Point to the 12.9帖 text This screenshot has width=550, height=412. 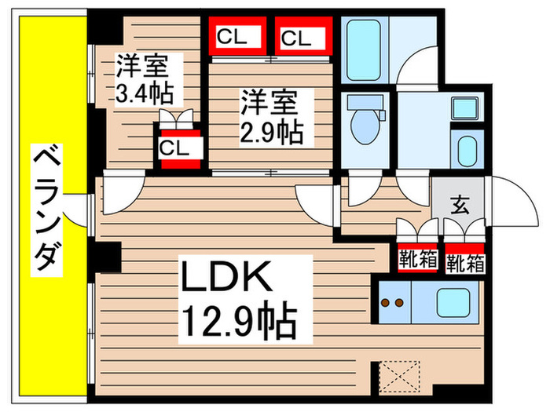coord(239,321)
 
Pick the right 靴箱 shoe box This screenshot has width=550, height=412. coord(465,261)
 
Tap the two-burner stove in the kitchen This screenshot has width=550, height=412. coord(393,301)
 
